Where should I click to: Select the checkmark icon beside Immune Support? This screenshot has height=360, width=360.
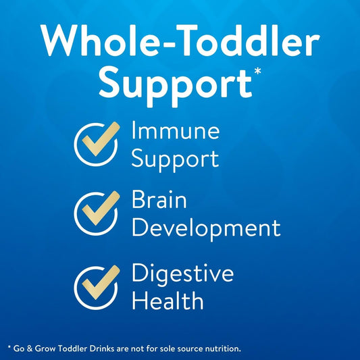click(97, 145)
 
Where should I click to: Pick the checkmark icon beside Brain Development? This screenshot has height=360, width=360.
click(97, 213)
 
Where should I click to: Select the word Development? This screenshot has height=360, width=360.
click(206, 228)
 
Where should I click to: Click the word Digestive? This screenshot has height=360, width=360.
click(182, 274)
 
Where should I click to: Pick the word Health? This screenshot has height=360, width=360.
click(167, 301)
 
